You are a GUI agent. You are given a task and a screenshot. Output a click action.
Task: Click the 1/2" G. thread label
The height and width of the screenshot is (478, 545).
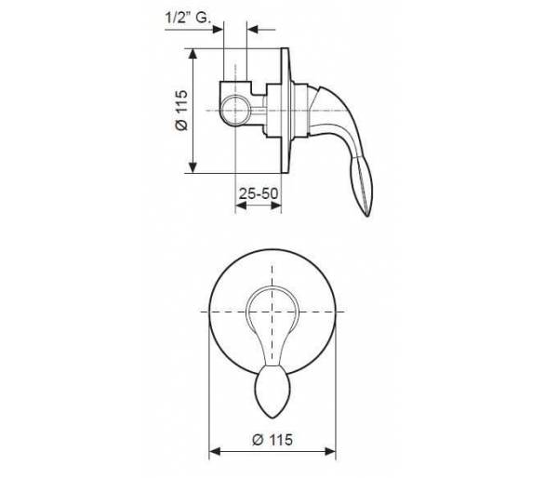(188, 18)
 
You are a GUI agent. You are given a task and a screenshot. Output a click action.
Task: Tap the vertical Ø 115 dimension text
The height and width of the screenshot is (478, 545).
(181, 111)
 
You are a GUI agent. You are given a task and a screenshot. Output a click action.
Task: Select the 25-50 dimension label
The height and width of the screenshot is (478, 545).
(259, 193)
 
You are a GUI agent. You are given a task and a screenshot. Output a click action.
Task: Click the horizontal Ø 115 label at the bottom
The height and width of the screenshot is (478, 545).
(272, 440)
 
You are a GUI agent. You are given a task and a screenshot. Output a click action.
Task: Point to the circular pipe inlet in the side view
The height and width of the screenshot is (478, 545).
(235, 110)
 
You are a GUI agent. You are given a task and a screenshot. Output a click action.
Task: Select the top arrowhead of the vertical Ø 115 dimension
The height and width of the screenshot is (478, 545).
(193, 54)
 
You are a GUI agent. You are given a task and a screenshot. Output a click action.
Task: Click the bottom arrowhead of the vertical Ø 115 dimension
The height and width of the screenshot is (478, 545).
(193, 167)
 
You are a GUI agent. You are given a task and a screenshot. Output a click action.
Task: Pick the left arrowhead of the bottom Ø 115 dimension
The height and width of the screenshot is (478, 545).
(215, 452)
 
